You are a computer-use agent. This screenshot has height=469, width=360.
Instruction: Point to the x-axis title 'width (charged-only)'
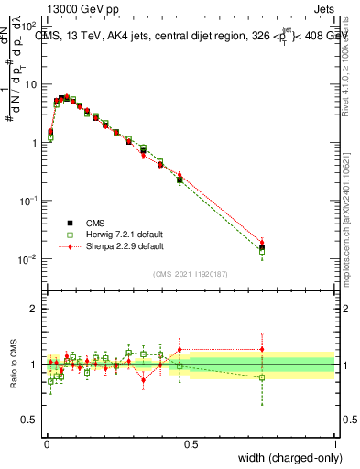286,458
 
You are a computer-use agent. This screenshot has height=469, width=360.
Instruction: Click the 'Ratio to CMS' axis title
14,365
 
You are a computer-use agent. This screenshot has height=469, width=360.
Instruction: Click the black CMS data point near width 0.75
262,247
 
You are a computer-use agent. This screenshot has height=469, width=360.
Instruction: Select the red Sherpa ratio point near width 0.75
262,349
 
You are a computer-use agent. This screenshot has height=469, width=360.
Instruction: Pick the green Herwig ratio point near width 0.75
262,377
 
